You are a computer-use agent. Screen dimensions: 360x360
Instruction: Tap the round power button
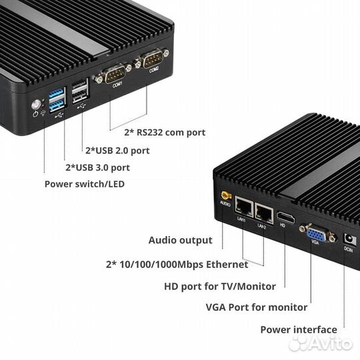tap(35, 105)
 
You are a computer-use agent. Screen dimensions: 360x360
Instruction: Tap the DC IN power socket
tap(347, 239)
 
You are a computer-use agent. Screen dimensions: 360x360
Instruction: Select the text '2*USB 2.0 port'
tap(117, 150)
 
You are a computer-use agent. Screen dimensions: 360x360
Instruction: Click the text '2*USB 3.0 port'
tap(97, 167)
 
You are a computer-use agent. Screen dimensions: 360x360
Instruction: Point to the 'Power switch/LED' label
tap(84, 184)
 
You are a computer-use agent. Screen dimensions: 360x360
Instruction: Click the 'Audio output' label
tap(180, 240)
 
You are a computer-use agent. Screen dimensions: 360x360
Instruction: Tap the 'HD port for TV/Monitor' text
tap(219, 287)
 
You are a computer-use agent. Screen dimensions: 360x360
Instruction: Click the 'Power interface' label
tap(298, 329)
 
